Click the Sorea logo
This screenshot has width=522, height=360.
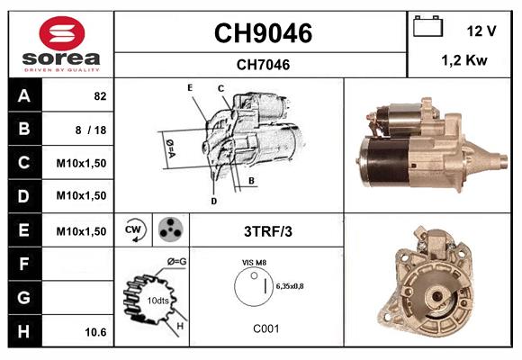[61, 45]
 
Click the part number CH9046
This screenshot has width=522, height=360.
[262, 33]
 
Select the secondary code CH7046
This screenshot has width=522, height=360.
[262, 64]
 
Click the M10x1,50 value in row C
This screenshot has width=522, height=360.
[82, 163]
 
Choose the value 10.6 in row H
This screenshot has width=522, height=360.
[95, 332]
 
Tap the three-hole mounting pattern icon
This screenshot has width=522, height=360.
[167, 230]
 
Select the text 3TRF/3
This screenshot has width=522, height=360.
[267, 231]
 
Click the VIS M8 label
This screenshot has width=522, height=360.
[253, 262]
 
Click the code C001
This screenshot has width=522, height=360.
[265, 328]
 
